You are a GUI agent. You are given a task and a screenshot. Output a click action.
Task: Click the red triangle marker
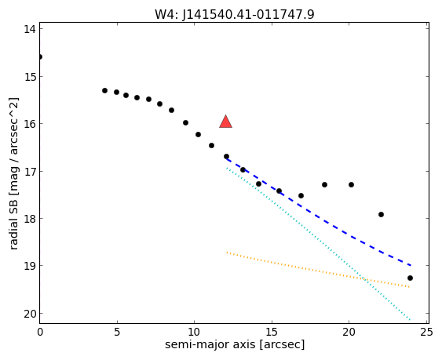click(x=226, y=122)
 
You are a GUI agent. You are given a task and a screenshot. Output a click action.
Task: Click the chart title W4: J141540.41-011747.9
click(x=234, y=14)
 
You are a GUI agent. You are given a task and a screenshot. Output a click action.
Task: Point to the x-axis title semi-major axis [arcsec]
click(x=235, y=344)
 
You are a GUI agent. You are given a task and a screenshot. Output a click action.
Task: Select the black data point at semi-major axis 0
click(x=40, y=57)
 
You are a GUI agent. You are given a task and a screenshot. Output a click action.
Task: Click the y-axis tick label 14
click(x=30, y=29)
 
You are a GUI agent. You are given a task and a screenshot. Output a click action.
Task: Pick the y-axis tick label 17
click(x=30, y=171)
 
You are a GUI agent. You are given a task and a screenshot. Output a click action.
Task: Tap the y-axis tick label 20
click(x=30, y=314)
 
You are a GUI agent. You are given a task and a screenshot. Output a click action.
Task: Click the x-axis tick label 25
click(x=426, y=333)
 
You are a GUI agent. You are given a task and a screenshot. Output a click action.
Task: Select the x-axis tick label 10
click(x=194, y=333)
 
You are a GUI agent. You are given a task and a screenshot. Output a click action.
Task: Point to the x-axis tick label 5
click(x=117, y=333)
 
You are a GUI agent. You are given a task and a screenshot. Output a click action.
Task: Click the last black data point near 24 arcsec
click(x=410, y=278)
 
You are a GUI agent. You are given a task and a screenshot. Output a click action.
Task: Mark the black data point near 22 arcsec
click(x=381, y=214)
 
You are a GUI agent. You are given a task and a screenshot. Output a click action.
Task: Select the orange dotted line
click(x=318, y=270)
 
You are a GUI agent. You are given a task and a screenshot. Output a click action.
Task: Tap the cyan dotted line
click(x=318, y=244)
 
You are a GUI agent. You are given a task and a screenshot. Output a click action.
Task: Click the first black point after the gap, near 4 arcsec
click(x=105, y=90)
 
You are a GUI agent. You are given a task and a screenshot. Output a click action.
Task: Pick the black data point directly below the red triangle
click(x=226, y=156)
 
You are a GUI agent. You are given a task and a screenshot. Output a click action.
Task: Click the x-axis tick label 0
click(x=40, y=333)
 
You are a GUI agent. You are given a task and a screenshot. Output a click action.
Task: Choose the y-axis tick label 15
click(x=30, y=77)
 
